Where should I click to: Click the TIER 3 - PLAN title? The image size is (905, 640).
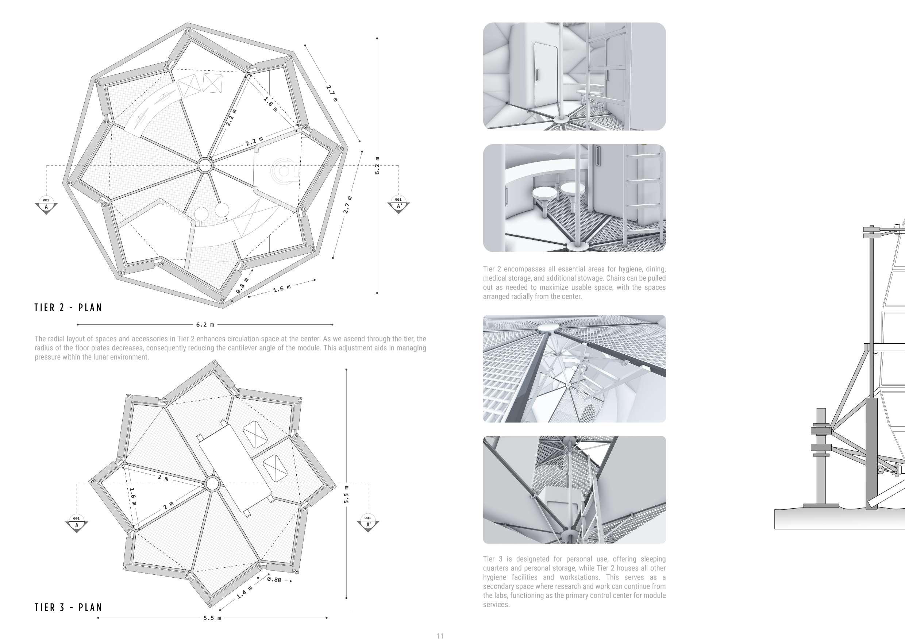pos(68,607)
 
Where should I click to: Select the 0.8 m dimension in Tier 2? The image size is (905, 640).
pos(242,286)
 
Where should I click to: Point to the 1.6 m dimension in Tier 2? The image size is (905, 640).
pos(282,289)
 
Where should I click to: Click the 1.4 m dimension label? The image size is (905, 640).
pos(244,592)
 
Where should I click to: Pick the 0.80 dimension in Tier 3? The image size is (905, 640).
pos(274,579)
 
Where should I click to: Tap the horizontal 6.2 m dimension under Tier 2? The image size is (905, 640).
pos(205,325)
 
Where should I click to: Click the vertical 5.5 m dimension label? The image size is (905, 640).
pos(346,494)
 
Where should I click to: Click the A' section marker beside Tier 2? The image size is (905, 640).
pos(398,205)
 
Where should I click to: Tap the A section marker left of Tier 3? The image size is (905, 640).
pos(77,524)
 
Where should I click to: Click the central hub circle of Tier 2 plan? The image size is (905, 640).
pos(205,166)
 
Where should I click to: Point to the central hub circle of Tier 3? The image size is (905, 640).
pos(212,483)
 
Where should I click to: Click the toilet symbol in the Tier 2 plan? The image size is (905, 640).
pos(284,171)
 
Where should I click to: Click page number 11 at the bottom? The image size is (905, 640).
pos(440,635)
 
